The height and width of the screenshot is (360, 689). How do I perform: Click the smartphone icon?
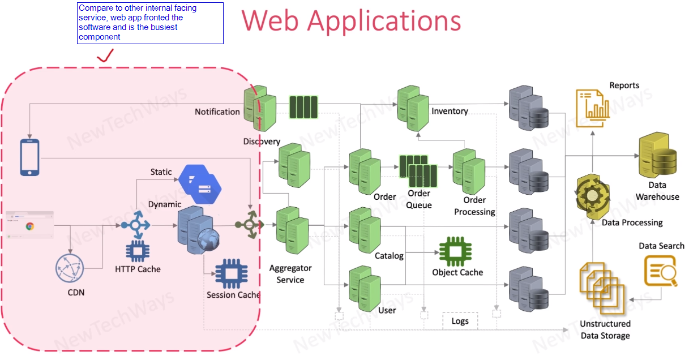(x=30, y=157)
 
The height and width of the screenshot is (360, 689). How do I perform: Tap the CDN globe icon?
(x=70, y=269)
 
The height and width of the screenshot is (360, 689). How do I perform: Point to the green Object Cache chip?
(x=455, y=250)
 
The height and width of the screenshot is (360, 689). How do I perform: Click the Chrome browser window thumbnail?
(x=29, y=224)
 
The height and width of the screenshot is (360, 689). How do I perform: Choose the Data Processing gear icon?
(x=592, y=196)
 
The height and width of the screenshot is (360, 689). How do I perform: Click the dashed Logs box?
(x=460, y=321)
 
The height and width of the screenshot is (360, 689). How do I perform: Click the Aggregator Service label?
(x=290, y=274)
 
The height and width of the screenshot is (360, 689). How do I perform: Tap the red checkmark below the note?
(x=105, y=55)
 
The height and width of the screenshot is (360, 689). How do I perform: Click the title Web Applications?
(x=351, y=21)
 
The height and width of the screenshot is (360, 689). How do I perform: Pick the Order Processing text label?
(x=474, y=206)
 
